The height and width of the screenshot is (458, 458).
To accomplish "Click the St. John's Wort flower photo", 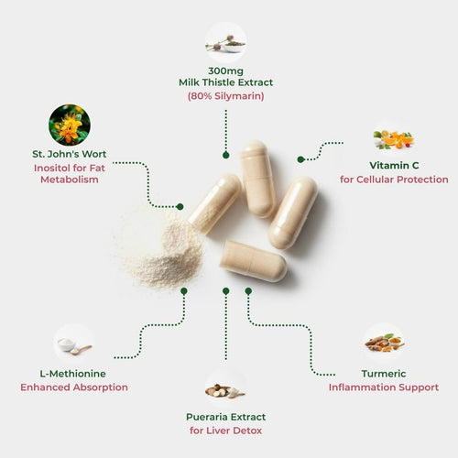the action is pos(70,125).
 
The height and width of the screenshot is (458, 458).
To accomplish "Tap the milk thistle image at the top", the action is pos(226,43).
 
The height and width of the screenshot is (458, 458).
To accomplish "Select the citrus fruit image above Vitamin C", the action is pos(394,140).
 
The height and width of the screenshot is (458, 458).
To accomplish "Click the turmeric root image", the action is pos(384,343).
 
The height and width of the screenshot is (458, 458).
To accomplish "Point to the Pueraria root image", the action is pos(225,390).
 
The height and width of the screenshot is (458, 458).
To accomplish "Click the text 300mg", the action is pos(226,71).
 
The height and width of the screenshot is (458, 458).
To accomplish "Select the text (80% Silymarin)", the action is pos(226,96).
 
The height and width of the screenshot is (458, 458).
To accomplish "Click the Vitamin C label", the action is pos(394,166).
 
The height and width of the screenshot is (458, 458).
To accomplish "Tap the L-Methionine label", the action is pos(72,374).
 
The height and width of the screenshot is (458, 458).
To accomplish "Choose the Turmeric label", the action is pos(384,374).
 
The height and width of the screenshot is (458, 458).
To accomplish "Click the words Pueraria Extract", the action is pos(226,417).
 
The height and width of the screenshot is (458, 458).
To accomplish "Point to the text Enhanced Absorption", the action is pos(74,387).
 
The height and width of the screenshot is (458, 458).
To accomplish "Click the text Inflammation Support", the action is pos(384,387).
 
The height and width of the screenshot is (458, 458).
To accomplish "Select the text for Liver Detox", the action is pos(226,431).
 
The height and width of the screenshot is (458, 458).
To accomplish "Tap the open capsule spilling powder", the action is pos(214,203).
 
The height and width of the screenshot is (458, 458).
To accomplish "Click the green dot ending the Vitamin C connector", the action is pos(300,159).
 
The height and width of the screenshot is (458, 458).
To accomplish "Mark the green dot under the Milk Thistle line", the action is pos(226,155).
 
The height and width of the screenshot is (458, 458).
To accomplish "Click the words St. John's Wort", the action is pos(70,154).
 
